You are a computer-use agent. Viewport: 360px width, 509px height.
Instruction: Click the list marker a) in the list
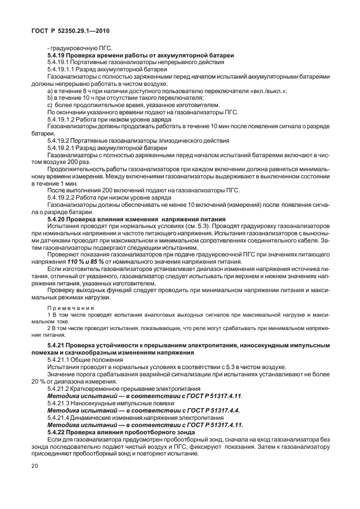click(x=50, y=90)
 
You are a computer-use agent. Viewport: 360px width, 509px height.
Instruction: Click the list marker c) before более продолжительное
click(x=50, y=104)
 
